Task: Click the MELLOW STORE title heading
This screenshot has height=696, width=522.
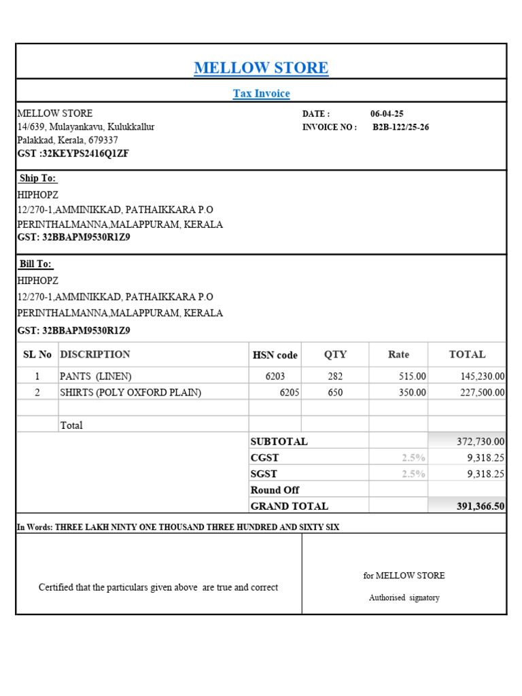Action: (261, 68)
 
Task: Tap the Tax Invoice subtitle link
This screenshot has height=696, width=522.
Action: (261, 94)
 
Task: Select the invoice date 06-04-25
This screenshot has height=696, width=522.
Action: (387, 114)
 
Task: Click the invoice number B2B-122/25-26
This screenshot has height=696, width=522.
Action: (400, 127)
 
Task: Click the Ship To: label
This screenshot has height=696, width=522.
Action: (38, 179)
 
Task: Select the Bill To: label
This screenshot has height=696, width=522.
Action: (36, 264)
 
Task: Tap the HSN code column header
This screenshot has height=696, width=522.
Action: (275, 355)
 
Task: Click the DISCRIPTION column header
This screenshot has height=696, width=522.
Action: (95, 354)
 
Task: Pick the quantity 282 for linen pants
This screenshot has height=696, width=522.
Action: (335, 377)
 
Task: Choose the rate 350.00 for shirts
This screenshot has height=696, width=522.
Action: (413, 393)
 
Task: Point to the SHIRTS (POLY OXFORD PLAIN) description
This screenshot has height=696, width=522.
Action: (130, 393)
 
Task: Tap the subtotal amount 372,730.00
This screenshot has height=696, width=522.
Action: (481, 442)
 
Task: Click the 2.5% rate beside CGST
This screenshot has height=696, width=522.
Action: (413, 458)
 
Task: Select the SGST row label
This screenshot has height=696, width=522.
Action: (264, 474)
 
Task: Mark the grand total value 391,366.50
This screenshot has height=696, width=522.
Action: (481, 506)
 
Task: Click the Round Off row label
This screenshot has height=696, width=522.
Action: (275, 490)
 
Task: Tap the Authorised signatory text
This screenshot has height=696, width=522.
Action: (404, 598)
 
